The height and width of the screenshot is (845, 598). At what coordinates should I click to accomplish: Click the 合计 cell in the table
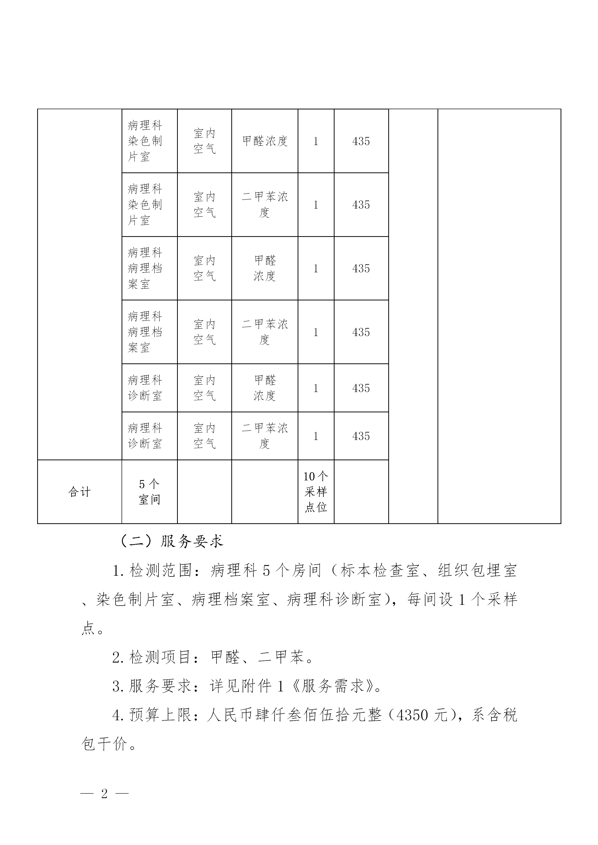point(80,492)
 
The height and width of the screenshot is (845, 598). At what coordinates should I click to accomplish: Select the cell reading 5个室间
point(149,492)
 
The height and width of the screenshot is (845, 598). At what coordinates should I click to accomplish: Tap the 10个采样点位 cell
point(315,492)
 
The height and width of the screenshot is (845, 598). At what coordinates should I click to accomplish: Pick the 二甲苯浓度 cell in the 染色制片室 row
point(264,205)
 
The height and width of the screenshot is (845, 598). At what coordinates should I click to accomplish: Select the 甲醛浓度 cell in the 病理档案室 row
point(264,268)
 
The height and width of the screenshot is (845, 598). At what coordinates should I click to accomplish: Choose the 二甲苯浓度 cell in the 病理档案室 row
point(264,332)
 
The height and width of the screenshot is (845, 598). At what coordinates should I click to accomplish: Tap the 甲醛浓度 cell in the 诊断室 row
point(264,388)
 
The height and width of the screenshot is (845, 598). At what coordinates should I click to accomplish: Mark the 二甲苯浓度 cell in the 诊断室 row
point(264,436)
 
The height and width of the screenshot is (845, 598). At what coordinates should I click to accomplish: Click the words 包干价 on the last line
point(104,744)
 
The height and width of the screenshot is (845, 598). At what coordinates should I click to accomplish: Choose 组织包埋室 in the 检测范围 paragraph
point(477,570)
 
